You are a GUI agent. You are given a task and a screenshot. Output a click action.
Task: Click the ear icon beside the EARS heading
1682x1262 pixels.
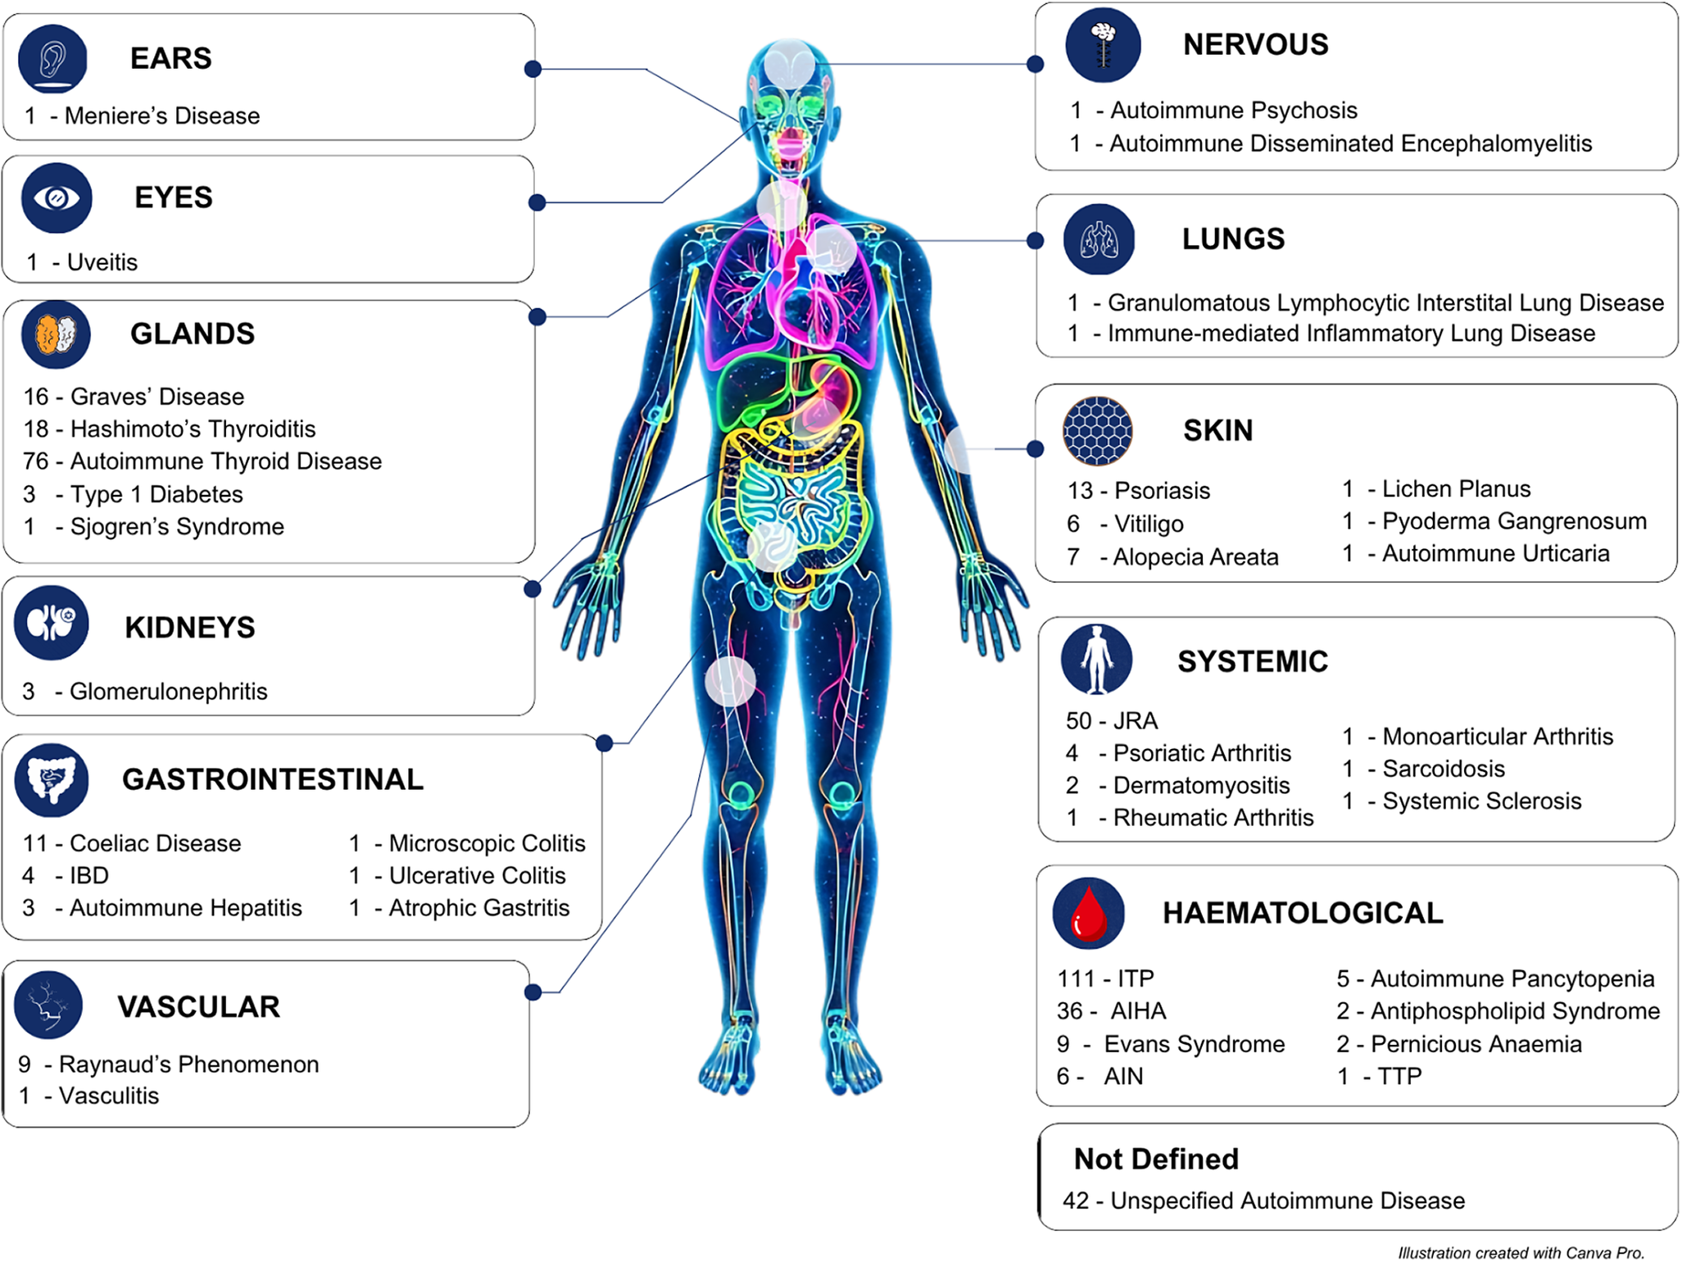click(52, 59)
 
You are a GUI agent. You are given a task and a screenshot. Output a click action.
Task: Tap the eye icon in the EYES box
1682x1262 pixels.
click(57, 198)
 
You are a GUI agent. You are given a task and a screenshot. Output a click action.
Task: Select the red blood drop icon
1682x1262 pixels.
click(1089, 913)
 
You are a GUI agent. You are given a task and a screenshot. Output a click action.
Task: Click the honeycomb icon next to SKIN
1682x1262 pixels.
click(1098, 431)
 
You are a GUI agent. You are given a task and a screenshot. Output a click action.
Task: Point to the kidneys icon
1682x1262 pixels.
click(52, 623)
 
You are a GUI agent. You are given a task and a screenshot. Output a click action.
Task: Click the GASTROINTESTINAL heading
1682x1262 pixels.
click(273, 779)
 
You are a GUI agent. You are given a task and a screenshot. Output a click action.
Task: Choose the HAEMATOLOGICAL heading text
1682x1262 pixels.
click(1303, 913)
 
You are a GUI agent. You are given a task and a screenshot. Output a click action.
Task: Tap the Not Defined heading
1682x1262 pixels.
click(1156, 1159)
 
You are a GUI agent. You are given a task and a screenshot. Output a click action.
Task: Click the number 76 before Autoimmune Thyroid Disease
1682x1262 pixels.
click(36, 461)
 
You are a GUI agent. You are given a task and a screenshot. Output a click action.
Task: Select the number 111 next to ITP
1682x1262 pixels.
click(1077, 978)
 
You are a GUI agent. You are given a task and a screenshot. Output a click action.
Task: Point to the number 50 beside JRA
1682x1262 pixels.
click(1079, 721)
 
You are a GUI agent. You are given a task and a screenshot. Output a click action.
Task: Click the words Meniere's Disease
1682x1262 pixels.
click(162, 116)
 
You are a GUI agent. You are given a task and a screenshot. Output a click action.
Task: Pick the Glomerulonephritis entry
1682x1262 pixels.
click(169, 692)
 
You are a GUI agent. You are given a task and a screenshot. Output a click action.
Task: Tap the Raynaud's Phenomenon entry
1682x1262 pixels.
click(189, 1065)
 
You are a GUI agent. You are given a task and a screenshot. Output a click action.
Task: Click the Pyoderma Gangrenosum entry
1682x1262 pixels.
click(1515, 521)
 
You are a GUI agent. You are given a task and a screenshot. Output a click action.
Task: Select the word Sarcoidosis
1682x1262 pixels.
click(1444, 769)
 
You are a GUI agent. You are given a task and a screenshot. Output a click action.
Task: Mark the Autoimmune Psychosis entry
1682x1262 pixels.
click(1234, 111)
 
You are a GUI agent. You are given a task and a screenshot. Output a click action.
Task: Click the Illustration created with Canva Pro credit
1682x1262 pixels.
click(1521, 1252)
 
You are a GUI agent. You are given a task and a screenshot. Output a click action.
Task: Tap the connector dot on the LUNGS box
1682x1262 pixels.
click(1036, 241)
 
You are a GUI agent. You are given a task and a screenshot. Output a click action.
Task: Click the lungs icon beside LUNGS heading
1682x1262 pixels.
click(1099, 239)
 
